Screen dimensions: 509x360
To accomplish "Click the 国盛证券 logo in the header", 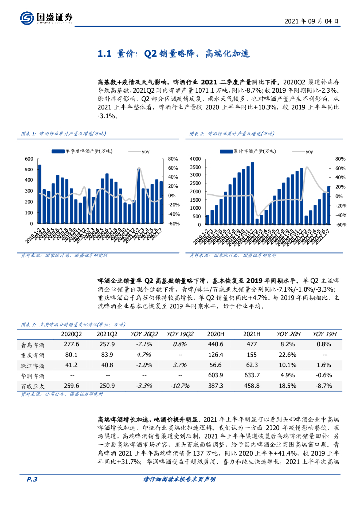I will tap(47, 18).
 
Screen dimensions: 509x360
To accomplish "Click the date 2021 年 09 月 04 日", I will tap(312, 22).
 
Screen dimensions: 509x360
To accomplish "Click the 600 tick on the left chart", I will tap(29, 159).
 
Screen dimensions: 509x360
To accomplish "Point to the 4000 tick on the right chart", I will tap(195, 159).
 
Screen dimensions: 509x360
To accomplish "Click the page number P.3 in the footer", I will tap(33, 494).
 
